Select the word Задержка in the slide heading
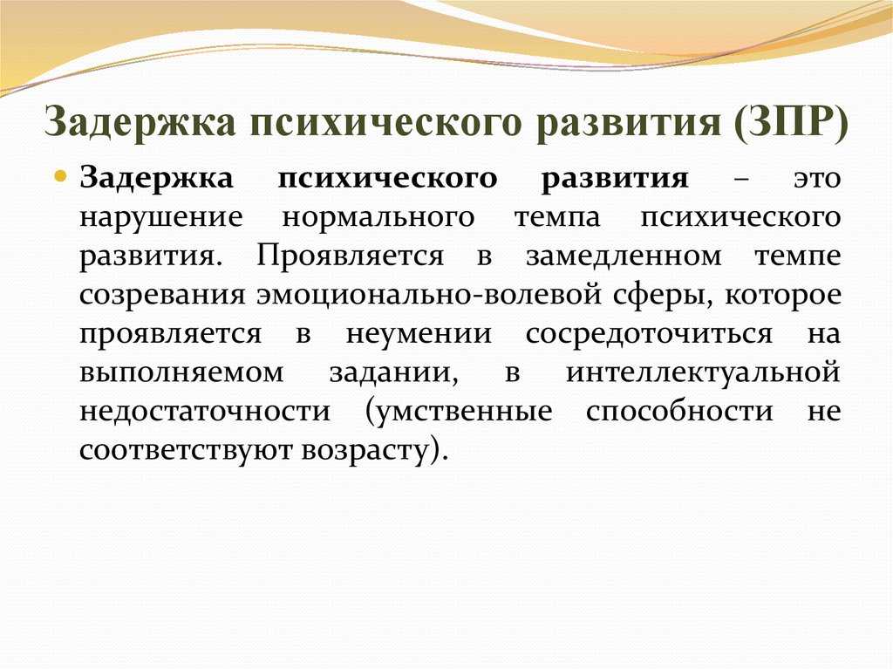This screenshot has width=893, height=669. tap(139, 121)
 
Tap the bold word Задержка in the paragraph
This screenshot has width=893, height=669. tap(156, 179)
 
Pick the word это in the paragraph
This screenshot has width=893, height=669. tap(818, 179)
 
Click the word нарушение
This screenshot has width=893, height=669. tap(161, 218)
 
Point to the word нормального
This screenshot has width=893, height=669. tap(378, 218)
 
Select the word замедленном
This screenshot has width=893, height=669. tap(624, 256)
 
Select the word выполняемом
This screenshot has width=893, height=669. tap(181, 373)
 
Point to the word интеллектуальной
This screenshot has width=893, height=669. tap(704, 373)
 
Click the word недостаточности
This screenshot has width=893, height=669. tap(205, 412)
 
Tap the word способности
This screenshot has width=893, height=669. tap(679, 412)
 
